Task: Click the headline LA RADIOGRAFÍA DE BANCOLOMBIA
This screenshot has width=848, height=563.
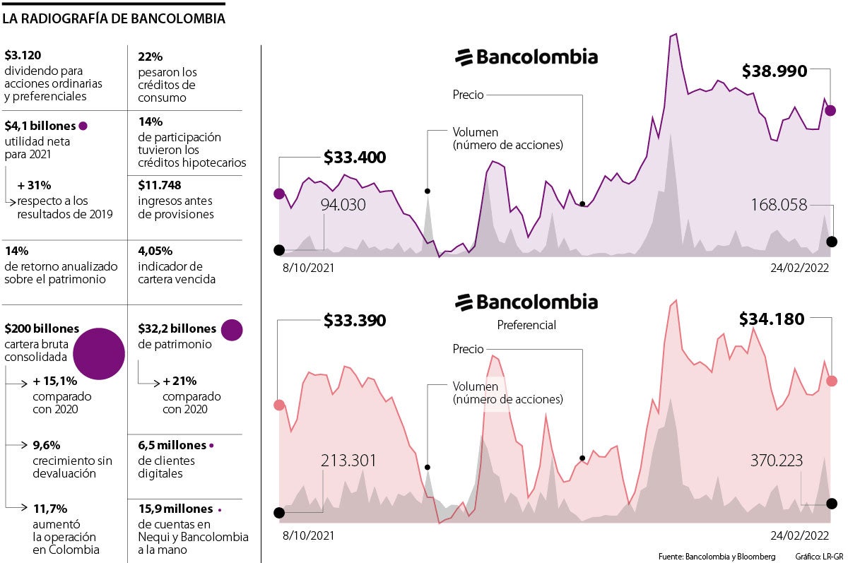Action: [x=114, y=19]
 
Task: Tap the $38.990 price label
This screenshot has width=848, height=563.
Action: [x=774, y=71]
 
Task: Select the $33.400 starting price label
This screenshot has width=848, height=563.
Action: [x=355, y=158]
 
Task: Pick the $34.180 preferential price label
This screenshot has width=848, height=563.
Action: [x=772, y=319]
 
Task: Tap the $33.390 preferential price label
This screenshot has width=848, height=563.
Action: [x=355, y=320]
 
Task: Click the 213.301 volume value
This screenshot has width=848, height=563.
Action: [x=348, y=461]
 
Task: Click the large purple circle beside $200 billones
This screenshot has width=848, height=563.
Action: [x=99, y=354]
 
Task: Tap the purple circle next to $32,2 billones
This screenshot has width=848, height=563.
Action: [x=232, y=329]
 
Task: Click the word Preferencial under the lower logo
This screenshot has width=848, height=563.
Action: [x=526, y=325]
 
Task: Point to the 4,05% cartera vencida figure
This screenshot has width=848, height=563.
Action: [x=155, y=251]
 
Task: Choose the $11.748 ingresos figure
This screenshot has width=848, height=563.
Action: [x=160, y=186]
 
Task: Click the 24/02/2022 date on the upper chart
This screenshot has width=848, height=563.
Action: [x=800, y=268]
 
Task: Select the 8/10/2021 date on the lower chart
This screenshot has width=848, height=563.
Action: [x=308, y=535]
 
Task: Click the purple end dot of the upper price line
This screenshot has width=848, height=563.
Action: [x=830, y=110]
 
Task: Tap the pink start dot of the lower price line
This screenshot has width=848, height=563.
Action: [x=279, y=405]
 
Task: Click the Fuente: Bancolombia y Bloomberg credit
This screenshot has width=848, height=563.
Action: [x=717, y=555]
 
